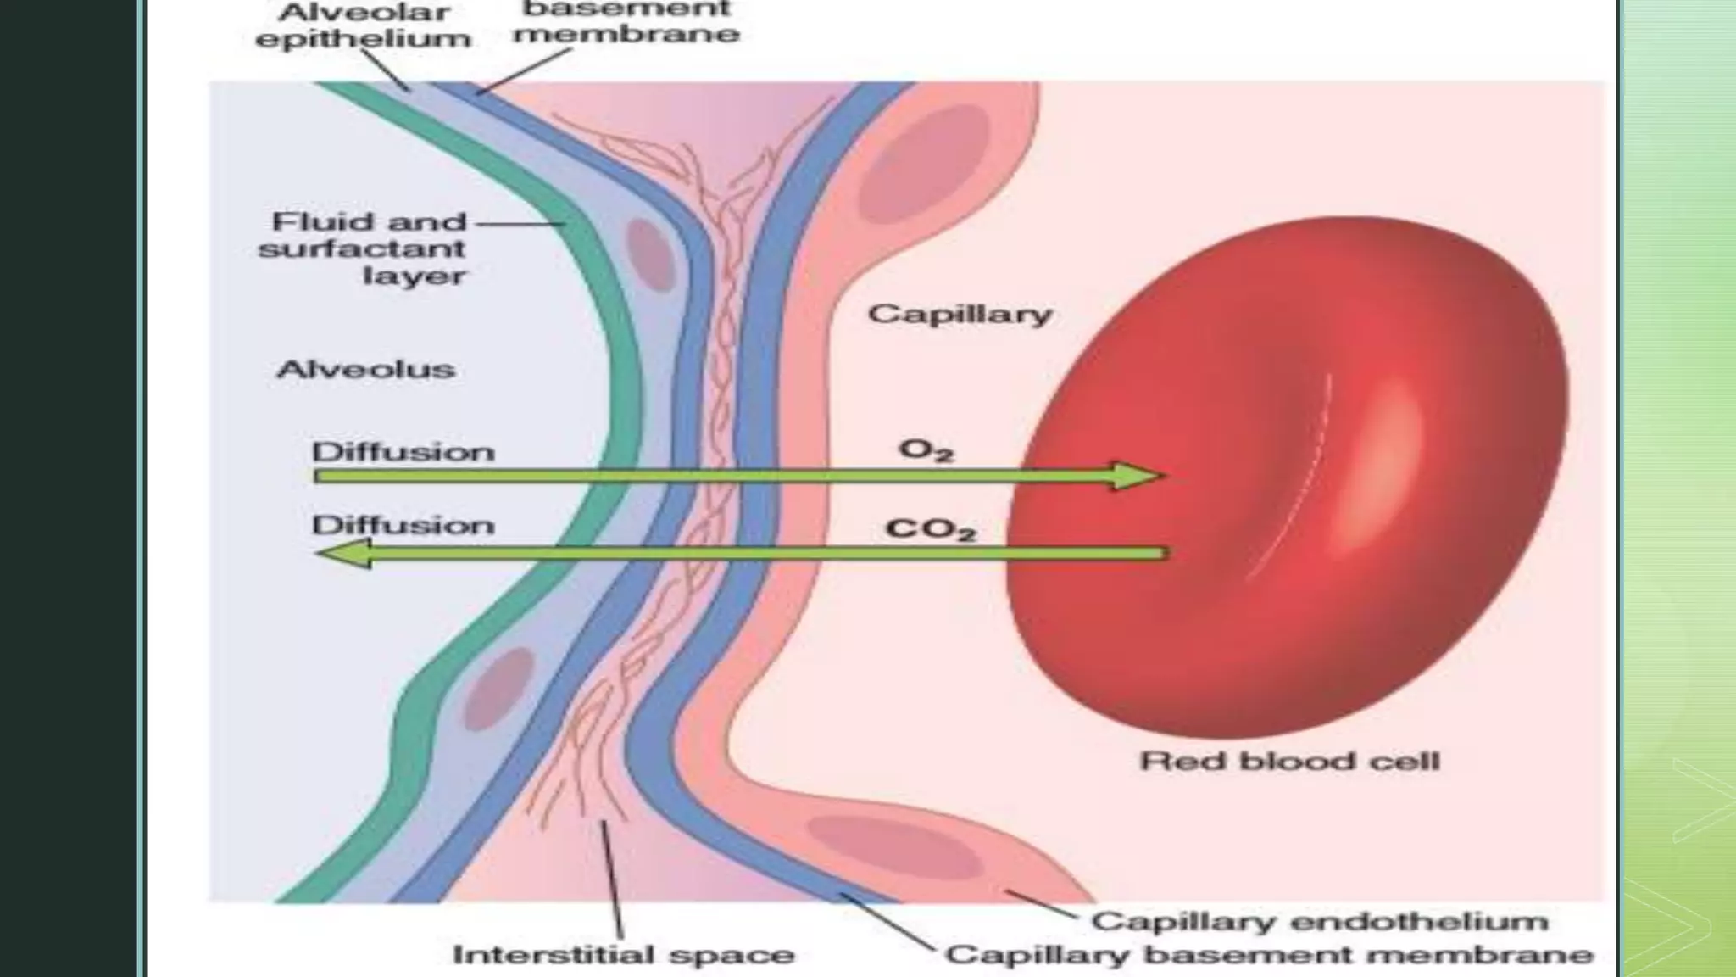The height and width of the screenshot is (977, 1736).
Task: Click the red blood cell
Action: (1288, 475)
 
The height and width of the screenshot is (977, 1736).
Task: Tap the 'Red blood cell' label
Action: (1289, 761)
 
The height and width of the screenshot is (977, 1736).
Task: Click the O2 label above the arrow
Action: (926, 449)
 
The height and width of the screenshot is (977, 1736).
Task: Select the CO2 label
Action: (930, 529)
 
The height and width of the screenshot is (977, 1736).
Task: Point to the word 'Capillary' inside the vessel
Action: (960, 314)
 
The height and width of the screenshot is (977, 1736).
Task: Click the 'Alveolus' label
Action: (365, 369)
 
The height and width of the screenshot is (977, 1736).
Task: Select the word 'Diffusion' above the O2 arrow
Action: (403, 451)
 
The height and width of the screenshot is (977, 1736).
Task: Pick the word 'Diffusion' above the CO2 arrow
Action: (403, 525)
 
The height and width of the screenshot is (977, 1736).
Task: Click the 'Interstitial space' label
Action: (623, 955)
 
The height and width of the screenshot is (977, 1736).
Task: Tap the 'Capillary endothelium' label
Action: (1319, 921)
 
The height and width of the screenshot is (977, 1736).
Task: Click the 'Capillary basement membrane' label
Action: (1269, 955)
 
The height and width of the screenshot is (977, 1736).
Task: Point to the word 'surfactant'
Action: (362, 248)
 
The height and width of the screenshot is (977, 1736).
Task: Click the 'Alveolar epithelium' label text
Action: (363, 26)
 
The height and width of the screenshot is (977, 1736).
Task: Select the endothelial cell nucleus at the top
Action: (924, 166)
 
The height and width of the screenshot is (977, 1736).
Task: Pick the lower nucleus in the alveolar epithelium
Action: (499, 687)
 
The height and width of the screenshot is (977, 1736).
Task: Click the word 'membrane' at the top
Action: (626, 34)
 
